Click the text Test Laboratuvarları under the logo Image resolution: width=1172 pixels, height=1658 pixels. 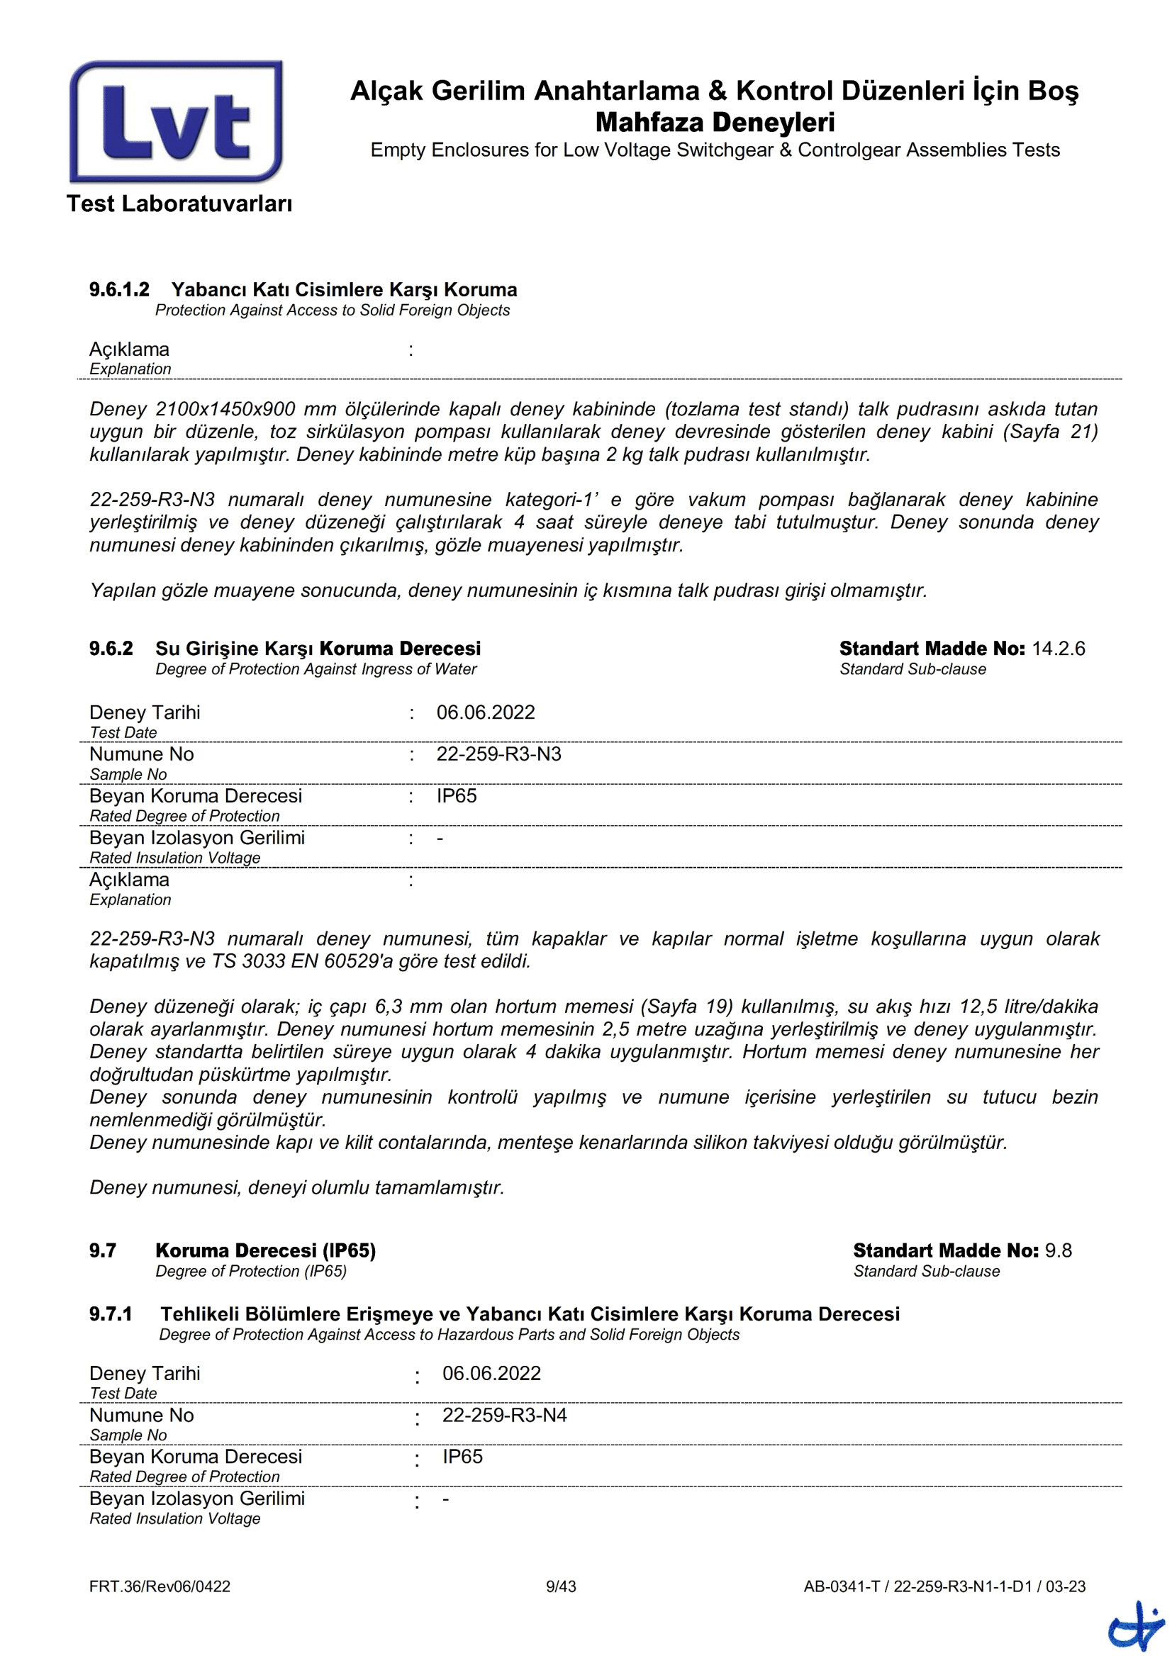179,203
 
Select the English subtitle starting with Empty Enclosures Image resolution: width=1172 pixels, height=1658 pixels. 715,150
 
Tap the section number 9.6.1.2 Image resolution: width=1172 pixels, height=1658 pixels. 119,290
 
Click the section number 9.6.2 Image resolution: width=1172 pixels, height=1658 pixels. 111,649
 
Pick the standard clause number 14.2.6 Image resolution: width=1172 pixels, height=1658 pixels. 1058,649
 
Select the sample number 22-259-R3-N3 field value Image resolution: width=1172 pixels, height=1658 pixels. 498,755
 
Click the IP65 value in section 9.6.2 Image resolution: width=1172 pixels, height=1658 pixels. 457,796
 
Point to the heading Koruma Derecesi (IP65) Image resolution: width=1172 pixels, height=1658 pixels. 266,1250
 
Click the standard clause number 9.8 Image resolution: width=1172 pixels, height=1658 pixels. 1058,1250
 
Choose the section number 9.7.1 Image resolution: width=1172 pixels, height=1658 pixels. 111,1314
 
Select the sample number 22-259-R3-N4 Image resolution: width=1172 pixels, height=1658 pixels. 504,1416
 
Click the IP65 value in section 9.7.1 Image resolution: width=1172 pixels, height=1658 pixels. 462,1457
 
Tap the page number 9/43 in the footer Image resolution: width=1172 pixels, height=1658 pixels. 561,1586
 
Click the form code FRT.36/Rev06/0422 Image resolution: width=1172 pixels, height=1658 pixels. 160,1586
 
